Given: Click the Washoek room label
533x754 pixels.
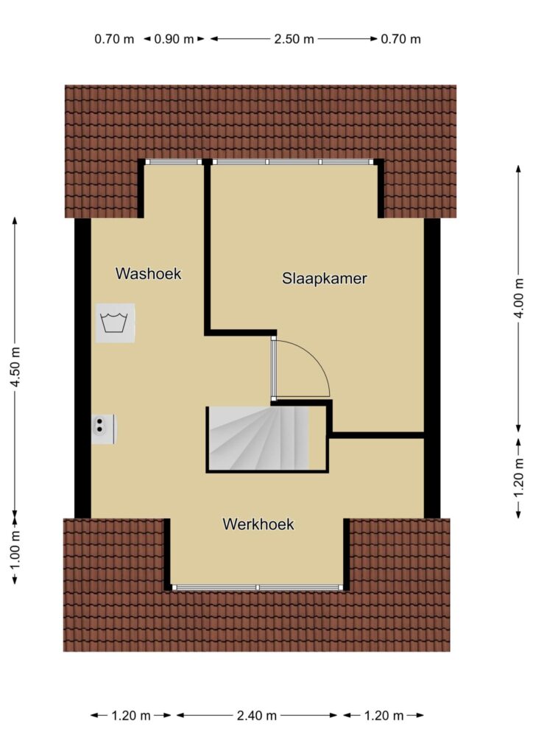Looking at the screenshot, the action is tap(149, 274).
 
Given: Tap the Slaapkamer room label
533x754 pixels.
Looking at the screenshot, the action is tap(325, 278).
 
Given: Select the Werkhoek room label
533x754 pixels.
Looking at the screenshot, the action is tap(258, 524).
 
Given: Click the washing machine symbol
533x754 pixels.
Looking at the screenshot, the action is tap(115, 323).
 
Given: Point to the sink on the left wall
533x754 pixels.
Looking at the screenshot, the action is tap(104, 429).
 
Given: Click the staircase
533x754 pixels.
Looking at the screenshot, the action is tap(258, 439).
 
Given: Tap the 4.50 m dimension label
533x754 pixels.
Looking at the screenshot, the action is tap(15, 367).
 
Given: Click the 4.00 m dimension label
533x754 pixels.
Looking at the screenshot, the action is tap(518, 298).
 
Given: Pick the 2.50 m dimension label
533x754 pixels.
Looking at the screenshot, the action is tap(294, 39).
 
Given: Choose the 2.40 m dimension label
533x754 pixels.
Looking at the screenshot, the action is tap(257, 716).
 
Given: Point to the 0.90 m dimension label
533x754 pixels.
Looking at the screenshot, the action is tap(174, 39).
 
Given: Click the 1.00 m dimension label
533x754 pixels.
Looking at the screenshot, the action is tap(15, 549).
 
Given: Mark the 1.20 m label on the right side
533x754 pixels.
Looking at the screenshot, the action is tap(518, 479).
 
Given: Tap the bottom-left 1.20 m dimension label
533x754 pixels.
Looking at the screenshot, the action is tap(131, 716).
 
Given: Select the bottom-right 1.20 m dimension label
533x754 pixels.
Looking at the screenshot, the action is tap(384, 716).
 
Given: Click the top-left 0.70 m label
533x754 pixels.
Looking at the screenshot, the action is tap(114, 39).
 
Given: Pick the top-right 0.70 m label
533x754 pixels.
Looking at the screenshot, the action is tap(400, 39).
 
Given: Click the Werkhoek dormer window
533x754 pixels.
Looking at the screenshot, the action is tap(257, 587).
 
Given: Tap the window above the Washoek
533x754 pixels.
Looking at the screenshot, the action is tap(174, 162).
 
